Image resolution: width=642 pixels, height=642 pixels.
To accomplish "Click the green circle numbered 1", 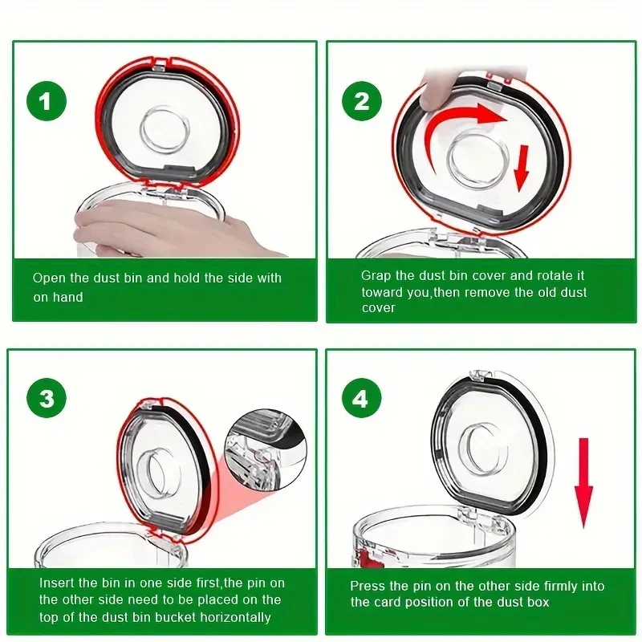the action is coord(47,101).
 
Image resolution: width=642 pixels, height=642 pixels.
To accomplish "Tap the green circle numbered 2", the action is coord(362,101).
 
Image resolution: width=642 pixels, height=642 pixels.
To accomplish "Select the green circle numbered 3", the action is coord(47,397).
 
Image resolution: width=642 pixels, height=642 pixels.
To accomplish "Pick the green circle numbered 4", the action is coord(360,397).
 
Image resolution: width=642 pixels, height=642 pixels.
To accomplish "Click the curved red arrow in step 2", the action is coord(450,119).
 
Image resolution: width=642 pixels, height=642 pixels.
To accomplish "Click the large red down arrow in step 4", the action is coord(583,482).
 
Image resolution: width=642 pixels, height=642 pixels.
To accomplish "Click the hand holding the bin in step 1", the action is coord(172,230).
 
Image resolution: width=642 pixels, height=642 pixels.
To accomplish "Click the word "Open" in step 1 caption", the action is coord(49,278).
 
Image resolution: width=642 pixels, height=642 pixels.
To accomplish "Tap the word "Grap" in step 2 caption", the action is coord(376,276).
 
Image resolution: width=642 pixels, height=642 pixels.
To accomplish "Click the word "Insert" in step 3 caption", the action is coord(56,583).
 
